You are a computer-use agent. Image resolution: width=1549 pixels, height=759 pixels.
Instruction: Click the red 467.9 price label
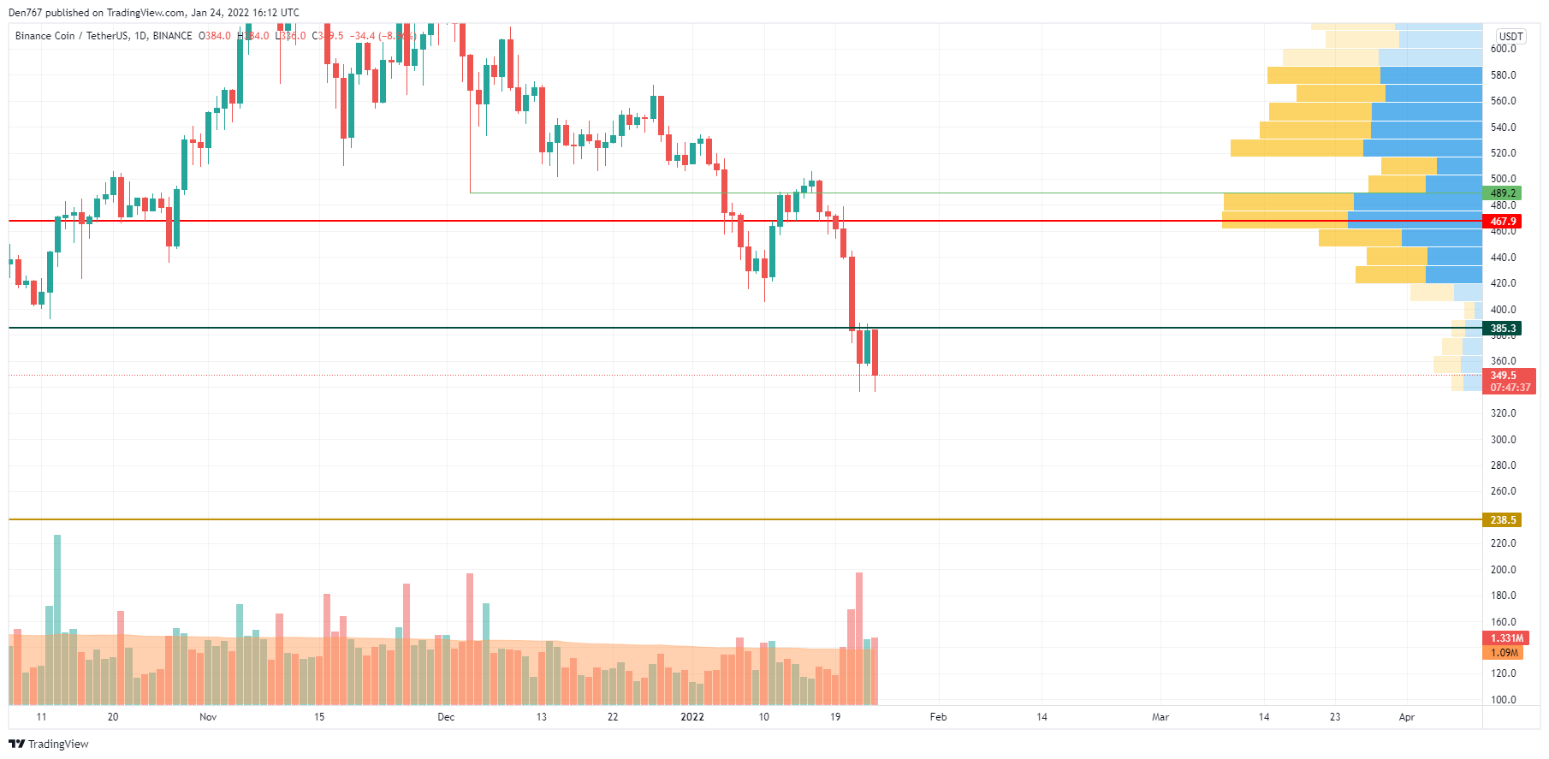[x=1502, y=222]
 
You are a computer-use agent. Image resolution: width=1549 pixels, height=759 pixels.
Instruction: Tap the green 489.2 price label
[x=1502, y=193]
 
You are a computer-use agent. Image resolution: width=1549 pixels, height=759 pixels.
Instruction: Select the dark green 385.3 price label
[x=1502, y=329]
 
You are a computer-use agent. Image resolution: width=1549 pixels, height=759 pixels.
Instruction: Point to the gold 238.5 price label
[x=1502, y=520]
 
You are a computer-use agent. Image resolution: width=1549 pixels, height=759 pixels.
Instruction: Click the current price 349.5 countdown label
[x=1510, y=382]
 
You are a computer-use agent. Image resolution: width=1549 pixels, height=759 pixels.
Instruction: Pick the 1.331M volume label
[x=1506, y=638]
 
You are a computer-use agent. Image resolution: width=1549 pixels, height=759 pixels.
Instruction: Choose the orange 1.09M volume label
[x=1504, y=653]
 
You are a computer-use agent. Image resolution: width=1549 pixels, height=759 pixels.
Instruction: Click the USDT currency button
[x=1510, y=36]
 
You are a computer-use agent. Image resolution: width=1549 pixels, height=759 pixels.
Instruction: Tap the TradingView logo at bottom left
[x=49, y=744]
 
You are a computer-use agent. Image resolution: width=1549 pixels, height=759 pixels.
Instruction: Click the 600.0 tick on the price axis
[x=1503, y=49]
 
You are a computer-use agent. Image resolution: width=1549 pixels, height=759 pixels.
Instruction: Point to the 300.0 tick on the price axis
[x=1503, y=440]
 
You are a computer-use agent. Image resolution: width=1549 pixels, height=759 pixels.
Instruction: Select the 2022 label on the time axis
[x=692, y=717]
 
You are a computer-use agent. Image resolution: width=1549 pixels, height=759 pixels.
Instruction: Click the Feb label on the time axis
[x=938, y=717]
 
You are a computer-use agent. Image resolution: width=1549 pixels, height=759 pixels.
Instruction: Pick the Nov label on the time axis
[x=208, y=717]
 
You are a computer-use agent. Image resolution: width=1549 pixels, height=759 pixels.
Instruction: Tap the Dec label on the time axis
[x=446, y=717]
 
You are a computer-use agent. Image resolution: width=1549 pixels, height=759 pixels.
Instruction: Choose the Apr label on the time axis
[x=1406, y=717]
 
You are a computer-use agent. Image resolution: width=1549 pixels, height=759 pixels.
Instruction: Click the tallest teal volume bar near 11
[x=57, y=599]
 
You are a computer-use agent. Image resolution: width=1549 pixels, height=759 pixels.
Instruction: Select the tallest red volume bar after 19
[x=859, y=616]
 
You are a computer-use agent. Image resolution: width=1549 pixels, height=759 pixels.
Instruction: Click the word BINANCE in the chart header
[x=172, y=36]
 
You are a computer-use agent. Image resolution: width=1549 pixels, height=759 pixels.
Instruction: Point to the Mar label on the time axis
[x=1160, y=717]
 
